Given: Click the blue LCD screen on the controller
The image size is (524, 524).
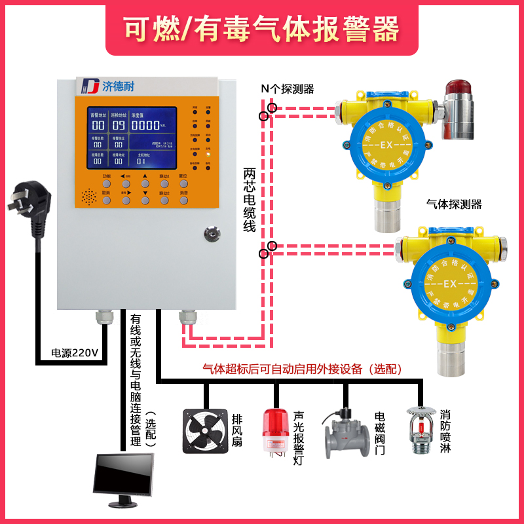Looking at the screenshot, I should coord(133,138).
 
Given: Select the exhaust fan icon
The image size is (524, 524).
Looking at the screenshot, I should coord(204,431).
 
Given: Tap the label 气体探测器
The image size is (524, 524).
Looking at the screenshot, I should coord(453,204).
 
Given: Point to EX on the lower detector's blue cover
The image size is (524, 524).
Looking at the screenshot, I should coord(450,284).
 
